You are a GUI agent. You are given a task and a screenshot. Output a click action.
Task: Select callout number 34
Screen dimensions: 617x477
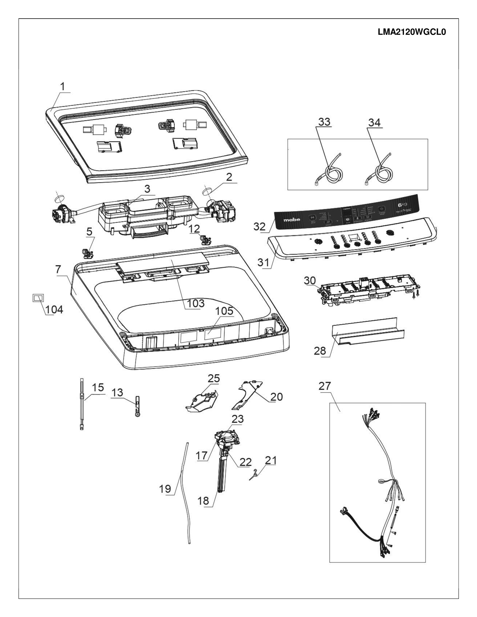(x=374, y=123)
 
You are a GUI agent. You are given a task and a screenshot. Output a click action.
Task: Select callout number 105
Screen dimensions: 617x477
(x=224, y=311)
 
